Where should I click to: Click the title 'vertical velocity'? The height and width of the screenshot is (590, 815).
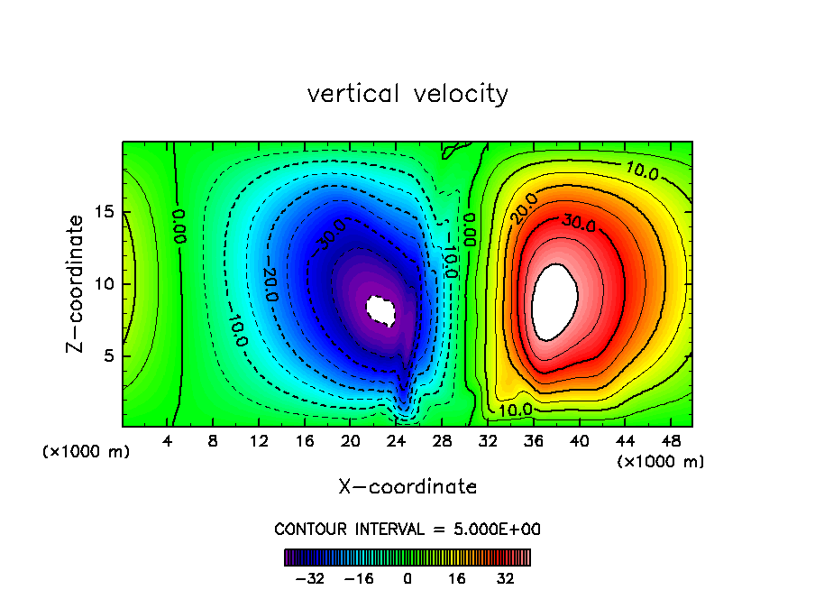(407, 94)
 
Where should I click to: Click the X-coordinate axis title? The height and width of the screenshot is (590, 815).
(407, 487)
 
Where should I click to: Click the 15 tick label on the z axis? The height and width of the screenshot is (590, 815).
(103, 213)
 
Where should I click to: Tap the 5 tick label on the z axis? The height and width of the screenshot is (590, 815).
(108, 355)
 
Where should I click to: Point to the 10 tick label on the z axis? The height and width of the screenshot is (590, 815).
(103, 284)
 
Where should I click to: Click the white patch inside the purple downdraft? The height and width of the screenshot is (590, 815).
(381, 310)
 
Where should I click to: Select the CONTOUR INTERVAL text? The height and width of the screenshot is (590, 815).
(407, 530)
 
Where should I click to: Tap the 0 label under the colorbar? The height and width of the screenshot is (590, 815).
(407, 577)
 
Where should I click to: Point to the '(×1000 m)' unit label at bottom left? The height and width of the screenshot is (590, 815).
(87, 452)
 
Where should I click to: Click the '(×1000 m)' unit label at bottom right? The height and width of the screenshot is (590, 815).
(661, 462)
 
